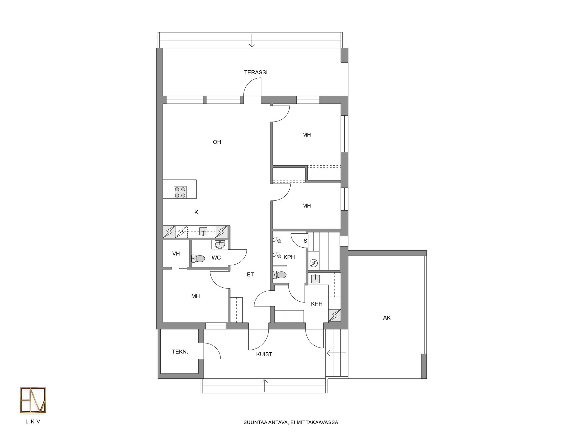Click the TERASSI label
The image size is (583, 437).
[256, 73]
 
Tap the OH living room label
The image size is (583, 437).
[217, 142]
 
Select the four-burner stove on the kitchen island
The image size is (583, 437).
[180, 192]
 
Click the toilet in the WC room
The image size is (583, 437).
[198, 259]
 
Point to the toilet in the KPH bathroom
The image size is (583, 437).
[280, 275]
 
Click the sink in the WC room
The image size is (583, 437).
[220, 244]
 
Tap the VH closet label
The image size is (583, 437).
[176, 254]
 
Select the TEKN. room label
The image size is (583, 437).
[180, 352]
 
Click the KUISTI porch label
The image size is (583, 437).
[265, 354]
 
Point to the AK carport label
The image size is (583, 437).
[387, 318]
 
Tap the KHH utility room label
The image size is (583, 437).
[317, 304]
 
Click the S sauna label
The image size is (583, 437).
[305, 241]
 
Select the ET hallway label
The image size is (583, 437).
[250, 275]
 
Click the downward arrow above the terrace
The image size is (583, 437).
[252, 41]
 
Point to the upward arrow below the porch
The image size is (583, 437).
[265, 385]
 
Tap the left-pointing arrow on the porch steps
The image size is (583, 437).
[336, 353]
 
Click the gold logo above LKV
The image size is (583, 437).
[33, 400]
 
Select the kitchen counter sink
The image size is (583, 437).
[203, 232]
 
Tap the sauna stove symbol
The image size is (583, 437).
[314, 263]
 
